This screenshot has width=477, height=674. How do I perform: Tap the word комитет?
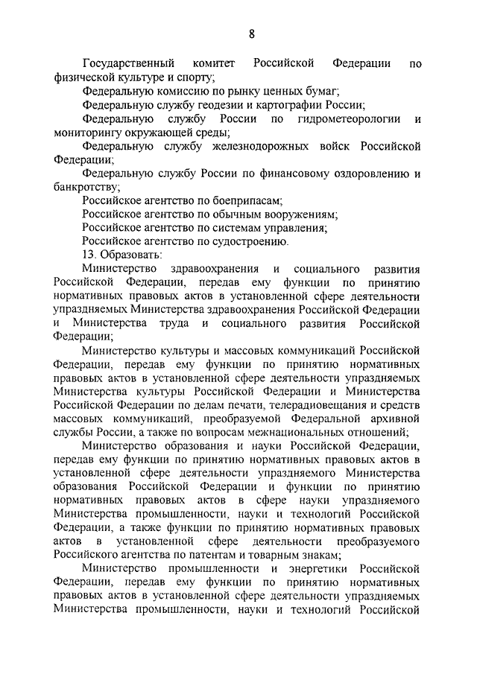tap(216, 63)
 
